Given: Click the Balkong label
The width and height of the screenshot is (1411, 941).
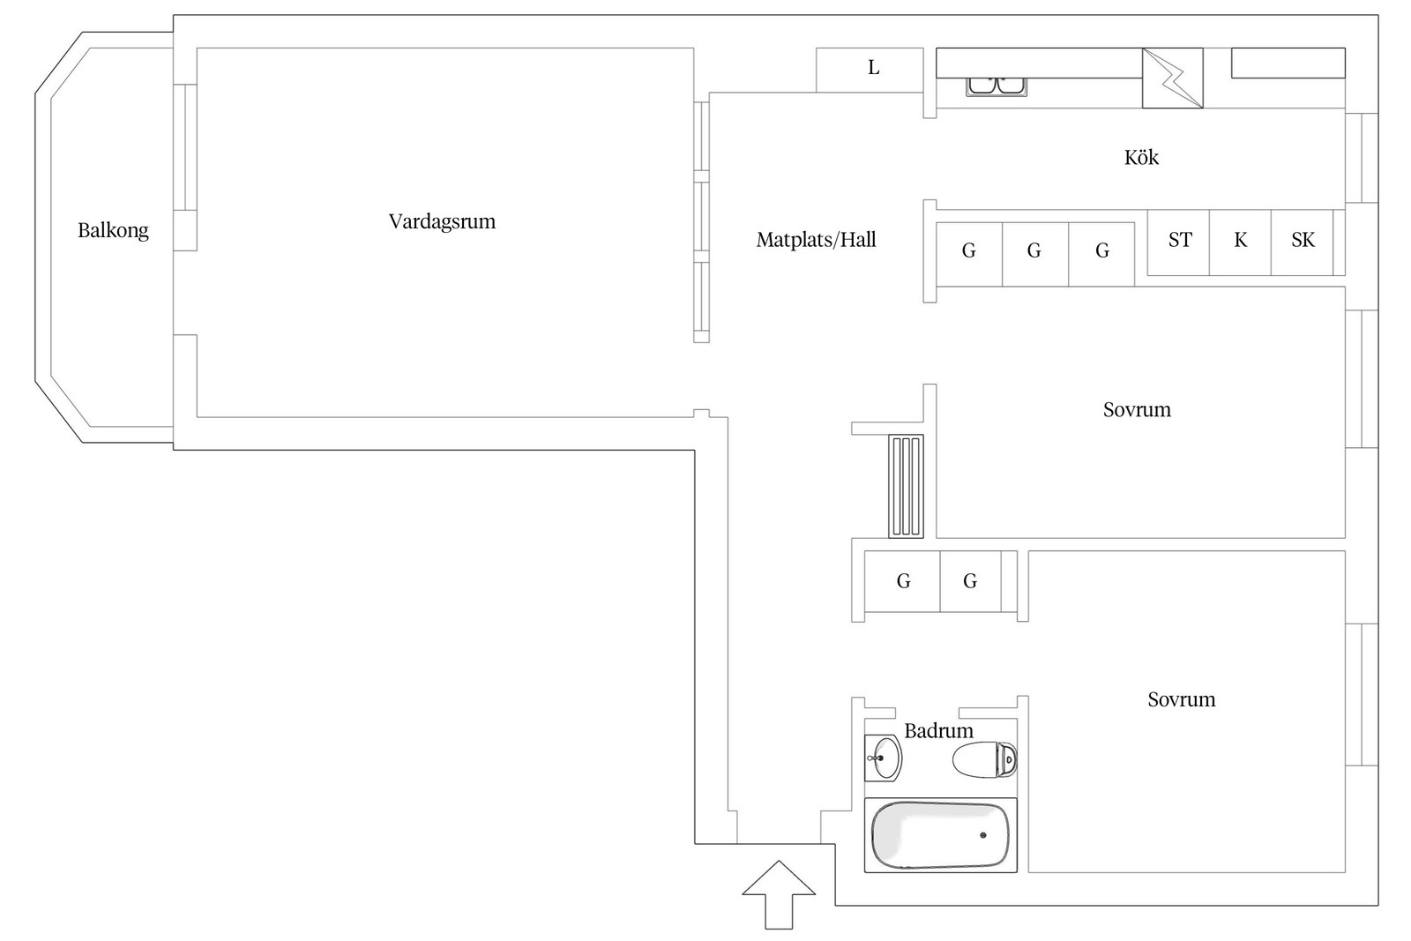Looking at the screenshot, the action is click(x=114, y=231).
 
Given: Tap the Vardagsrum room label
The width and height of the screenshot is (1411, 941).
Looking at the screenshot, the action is click(x=442, y=221).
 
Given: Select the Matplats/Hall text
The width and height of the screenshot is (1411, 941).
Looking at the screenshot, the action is click(x=817, y=240).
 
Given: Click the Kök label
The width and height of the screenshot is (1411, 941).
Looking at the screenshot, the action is click(x=1141, y=157).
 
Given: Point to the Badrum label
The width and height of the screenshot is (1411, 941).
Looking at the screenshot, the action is click(x=938, y=730).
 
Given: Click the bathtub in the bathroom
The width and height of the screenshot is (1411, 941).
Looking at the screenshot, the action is click(x=940, y=835).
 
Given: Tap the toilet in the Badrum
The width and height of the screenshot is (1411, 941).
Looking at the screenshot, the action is click(x=984, y=759).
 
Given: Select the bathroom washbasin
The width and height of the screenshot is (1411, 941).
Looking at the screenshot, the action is click(x=883, y=758).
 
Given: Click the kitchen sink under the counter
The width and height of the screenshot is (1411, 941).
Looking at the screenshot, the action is click(x=997, y=87).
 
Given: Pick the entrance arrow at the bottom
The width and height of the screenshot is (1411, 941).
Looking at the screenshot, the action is click(x=779, y=894).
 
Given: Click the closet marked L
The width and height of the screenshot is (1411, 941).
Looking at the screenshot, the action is click(x=870, y=70).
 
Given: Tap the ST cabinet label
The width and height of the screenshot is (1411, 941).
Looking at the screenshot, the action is click(x=1180, y=240).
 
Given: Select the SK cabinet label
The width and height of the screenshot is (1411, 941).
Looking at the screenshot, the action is click(x=1303, y=240).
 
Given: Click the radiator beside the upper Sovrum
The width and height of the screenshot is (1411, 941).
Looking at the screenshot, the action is click(x=907, y=486).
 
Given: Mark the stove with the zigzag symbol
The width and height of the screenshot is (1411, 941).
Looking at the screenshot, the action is click(x=1173, y=78).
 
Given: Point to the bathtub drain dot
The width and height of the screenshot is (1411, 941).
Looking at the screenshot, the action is click(x=983, y=835).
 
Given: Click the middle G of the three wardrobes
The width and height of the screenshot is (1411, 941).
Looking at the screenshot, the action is click(x=1034, y=250).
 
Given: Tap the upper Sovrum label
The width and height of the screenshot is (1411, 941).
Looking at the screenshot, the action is click(x=1137, y=410).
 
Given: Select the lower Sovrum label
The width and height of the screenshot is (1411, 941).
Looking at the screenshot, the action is click(x=1182, y=699).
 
